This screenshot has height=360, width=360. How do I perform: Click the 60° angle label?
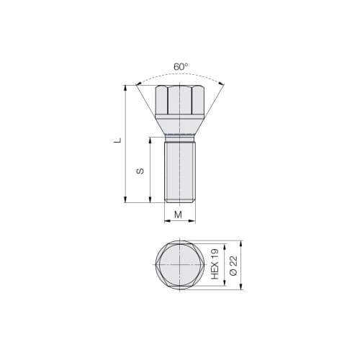(181, 67)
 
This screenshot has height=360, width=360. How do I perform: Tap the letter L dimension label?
(119, 142)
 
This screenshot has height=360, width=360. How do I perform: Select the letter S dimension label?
(141, 171)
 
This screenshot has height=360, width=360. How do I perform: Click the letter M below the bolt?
(179, 215)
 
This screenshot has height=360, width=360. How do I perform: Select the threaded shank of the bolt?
(179, 173)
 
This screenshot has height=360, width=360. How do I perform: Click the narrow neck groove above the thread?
(179, 137)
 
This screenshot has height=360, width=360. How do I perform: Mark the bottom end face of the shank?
(179, 202)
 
